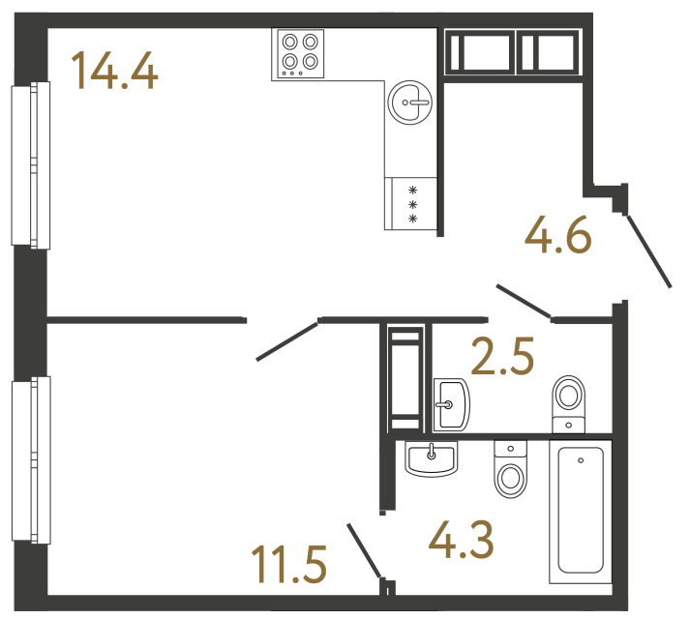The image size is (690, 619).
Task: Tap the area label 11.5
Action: click(x=287, y=564)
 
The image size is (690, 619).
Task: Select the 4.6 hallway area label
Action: click(x=557, y=235)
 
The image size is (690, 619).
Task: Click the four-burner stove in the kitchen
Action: click(x=299, y=54)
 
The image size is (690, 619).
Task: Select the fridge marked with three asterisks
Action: click(x=411, y=204)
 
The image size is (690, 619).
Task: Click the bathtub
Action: click(x=581, y=512)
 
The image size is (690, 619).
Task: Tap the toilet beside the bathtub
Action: click(x=509, y=468)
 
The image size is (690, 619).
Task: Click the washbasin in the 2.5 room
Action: click(x=450, y=403)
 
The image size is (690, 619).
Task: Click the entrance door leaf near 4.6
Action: click(x=648, y=251)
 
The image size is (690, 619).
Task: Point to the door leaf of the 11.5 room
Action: click(x=287, y=339)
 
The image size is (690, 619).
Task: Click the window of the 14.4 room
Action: click(x=29, y=164)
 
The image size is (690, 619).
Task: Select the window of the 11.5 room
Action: click(x=29, y=460)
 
